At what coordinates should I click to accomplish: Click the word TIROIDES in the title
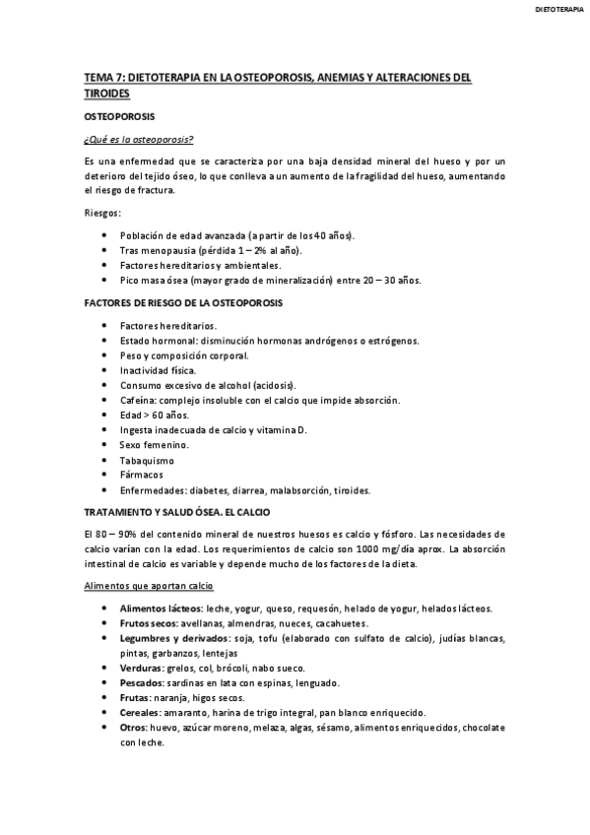[x=107, y=93]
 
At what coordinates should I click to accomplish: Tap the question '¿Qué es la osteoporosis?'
[x=137, y=139]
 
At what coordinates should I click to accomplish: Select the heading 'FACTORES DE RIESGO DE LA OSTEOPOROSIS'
[x=183, y=302]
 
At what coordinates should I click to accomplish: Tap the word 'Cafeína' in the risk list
[x=138, y=401]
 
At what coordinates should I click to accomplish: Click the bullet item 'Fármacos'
[x=140, y=475]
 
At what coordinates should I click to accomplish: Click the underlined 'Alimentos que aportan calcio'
[x=148, y=586]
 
